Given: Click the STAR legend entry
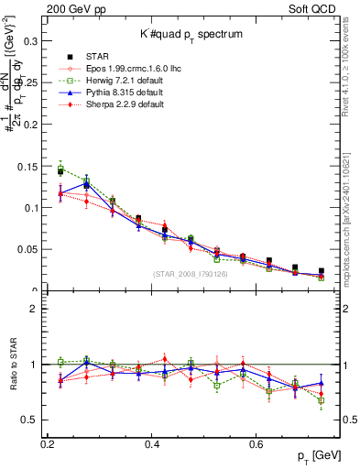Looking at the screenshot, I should pyautogui.click(x=96, y=57).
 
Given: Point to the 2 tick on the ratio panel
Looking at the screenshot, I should pyautogui.click(x=38, y=309).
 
